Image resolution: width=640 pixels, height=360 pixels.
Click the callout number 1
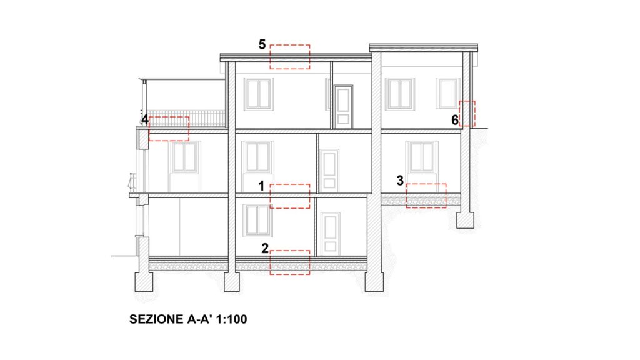pyautogui.click(x=261, y=186)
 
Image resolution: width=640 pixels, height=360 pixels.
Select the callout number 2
pyautogui.click(x=265, y=248)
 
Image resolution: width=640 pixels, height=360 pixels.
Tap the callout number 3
pyautogui.click(x=400, y=181)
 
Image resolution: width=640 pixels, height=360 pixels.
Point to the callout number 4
pyautogui.click(x=144, y=119)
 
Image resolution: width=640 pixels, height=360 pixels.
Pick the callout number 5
pyautogui.click(x=262, y=44)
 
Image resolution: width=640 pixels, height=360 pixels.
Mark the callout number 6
pyautogui.click(x=455, y=120)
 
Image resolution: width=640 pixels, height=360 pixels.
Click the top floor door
pyautogui.click(x=343, y=107)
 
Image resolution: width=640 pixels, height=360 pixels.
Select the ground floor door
pyautogui.click(x=330, y=234)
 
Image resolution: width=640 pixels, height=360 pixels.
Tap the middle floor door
pyautogui.click(x=329, y=171)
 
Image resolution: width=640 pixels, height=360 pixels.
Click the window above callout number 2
pyautogui.click(x=257, y=220)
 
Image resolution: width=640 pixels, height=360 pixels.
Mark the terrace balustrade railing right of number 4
pyautogui.click(x=186, y=118)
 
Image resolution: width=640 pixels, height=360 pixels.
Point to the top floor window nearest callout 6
pyautogui.click(x=448, y=93)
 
